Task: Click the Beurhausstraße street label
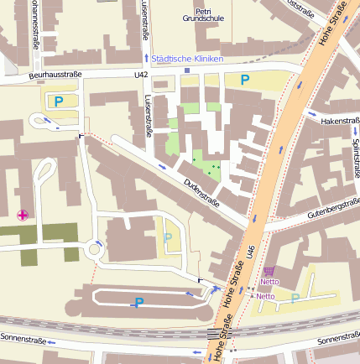pyautogui.click(x=55, y=75)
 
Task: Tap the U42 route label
pyautogui.click(x=141, y=75)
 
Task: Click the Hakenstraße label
pyautogui.click(x=340, y=121)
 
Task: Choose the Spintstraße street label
pyautogui.click(x=356, y=158)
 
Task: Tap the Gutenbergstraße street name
pyautogui.click(x=333, y=209)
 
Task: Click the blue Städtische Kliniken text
pyautogui.click(x=189, y=58)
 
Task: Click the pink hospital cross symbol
pyautogui.click(x=22, y=216)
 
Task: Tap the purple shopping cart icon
pyautogui.click(x=269, y=271)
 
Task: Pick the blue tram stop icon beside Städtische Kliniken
pyautogui.click(x=146, y=58)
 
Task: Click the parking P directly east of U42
pyautogui.click(x=244, y=80)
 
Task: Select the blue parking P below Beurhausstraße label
pyautogui.click(x=58, y=101)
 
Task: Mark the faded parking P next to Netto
pyautogui.click(x=295, y=297)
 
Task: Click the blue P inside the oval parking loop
pyautogui.click(x=139, y=302)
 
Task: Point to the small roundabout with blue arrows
pyautogui.click(x=92, y=249)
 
